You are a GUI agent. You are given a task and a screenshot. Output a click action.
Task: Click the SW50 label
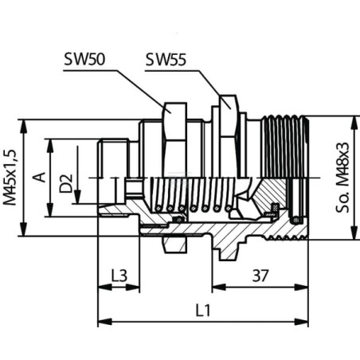[x=84, y=59]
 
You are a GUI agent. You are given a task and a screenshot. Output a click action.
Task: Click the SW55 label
[x=166, y=60]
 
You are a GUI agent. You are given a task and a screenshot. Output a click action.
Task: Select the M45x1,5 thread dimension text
[x=10, y=177]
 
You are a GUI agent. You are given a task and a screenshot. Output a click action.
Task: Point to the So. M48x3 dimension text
[x=342, y=177]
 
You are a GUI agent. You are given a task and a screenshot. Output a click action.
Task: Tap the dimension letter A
[x=39, y=178]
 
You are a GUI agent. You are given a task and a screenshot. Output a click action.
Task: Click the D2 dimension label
[x=66, y=183]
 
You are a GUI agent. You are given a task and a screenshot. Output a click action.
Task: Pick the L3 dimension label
[x=119, y=276]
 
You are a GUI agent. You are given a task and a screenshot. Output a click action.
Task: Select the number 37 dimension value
[x=260, y=276]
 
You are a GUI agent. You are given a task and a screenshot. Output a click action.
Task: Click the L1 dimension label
[x=203, y=310]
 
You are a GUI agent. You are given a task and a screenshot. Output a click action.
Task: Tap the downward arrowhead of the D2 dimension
[x=77, y=197]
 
